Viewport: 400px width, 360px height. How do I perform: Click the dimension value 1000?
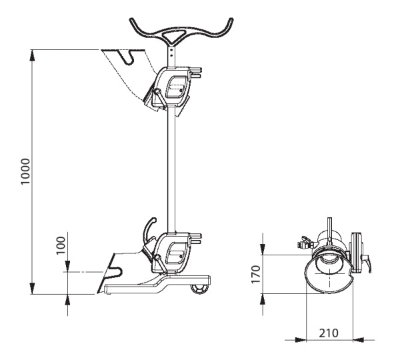coord(25,172)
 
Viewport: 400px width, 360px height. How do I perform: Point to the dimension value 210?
coord(329,331)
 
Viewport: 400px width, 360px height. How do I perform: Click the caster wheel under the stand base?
coord(198,288)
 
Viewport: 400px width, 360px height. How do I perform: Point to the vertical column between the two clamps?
coord(172,167)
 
